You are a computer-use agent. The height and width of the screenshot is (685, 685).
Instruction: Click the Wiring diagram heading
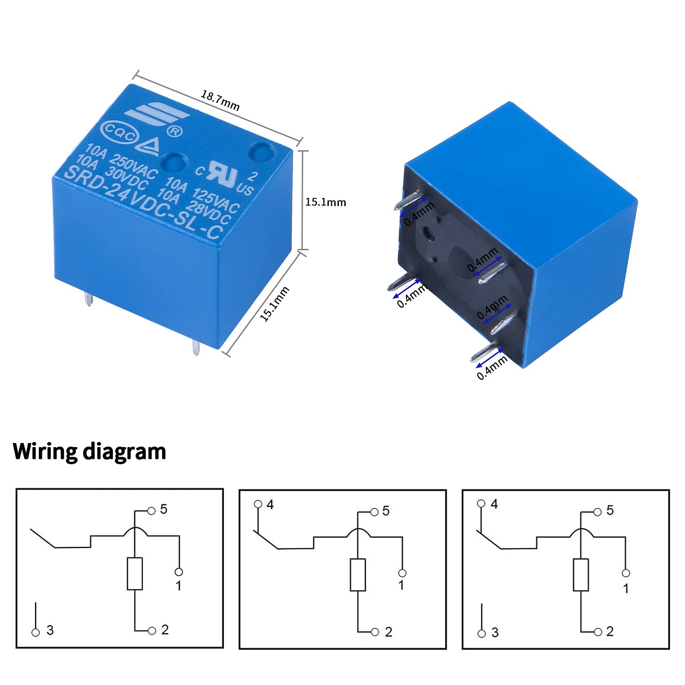point(90,451)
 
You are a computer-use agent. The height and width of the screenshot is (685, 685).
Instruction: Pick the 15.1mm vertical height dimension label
point(326,202)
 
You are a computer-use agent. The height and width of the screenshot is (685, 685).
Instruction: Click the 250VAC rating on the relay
point(134,167)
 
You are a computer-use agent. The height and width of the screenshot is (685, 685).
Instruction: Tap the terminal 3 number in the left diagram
point(50,630)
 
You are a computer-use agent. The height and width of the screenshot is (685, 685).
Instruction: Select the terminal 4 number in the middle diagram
point(270,505)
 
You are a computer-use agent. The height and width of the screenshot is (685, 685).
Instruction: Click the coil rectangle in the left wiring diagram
point(135,574)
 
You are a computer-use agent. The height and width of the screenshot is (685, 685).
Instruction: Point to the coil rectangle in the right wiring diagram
point(581,574)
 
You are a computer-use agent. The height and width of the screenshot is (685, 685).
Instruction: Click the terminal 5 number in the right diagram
point(610,511)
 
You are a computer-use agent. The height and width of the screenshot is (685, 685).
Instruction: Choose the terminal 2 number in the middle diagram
point(388,632)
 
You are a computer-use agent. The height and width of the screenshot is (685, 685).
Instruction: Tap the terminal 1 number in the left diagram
point(179,585)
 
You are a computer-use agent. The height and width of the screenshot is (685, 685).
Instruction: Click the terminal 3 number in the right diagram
point(495,632)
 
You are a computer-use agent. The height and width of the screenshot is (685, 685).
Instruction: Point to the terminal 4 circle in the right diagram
point(480,503)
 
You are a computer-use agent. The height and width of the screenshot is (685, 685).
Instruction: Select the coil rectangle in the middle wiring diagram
point(358,574)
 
